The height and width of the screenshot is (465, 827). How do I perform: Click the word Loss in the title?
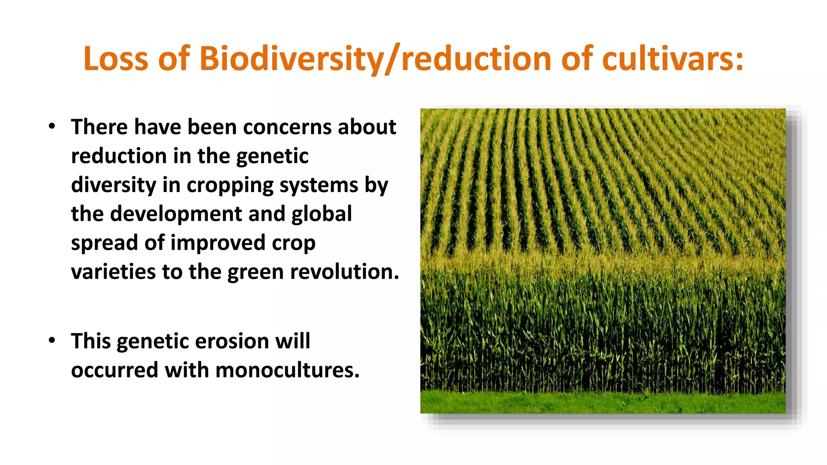(115, 59)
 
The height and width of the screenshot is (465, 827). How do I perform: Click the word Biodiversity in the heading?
(291, 59)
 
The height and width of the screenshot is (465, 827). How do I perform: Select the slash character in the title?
(393, 59)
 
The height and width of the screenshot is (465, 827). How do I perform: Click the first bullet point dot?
(52, 126)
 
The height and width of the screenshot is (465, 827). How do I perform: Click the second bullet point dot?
(52, 341)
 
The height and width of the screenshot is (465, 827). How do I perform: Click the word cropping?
(230, 185)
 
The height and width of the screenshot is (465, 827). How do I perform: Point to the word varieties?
(113, 272)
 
